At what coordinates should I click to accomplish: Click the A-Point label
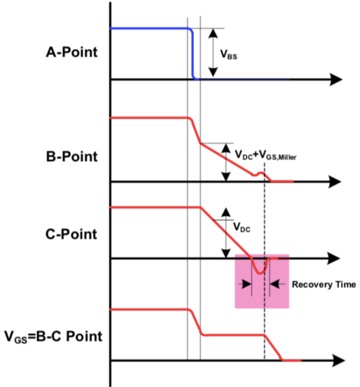[72, 52]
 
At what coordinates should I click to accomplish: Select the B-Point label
[72, 157]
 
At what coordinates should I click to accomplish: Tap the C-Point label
[71, 234]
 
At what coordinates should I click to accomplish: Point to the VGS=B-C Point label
[53, 337]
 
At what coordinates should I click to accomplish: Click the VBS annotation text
[229, 55]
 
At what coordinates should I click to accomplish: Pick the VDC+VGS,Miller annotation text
[266, 155]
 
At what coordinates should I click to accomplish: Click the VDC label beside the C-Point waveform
[242, 227]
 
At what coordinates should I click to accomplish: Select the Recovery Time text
[324, 285]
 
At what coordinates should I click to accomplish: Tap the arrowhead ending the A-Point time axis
[336, 79]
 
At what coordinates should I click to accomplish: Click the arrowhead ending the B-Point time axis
[335, 182]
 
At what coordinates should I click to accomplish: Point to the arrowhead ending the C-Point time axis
[334, 258]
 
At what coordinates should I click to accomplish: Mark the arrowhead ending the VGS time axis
[338, 361]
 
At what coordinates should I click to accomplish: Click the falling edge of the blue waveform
[192, 54]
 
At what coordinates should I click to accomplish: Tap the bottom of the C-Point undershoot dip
[259, 273]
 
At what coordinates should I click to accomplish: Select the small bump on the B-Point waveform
[260, 173]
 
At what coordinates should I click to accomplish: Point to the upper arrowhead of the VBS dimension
[213, 34]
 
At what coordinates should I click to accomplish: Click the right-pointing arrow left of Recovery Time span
[246, 284]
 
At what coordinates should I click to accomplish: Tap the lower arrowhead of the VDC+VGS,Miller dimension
[226, 177]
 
